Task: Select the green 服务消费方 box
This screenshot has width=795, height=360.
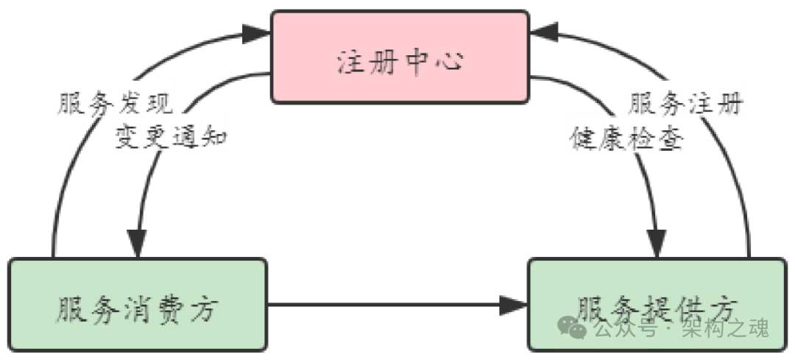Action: (137, 305)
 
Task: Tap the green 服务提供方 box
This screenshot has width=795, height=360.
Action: (657, 303)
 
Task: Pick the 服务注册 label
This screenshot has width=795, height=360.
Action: (685, 105)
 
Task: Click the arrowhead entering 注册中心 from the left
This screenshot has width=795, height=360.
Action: (257, 32)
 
